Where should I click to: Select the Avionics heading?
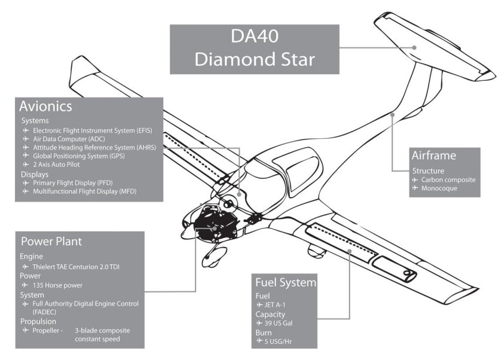click(x=45, y=106)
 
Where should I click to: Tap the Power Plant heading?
click(x=51, y=242)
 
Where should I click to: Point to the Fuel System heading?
click(x=285, y=282)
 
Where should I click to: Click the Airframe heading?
click(x=433, y=156)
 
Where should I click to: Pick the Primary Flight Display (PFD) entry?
click(x=81, y=182)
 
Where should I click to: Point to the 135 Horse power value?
click(x=57, y=285)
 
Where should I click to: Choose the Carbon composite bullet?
click(x=448, y=179)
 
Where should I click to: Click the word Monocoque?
click(x=441, y=188)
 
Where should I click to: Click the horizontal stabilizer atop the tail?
click(x=433, y=45)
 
